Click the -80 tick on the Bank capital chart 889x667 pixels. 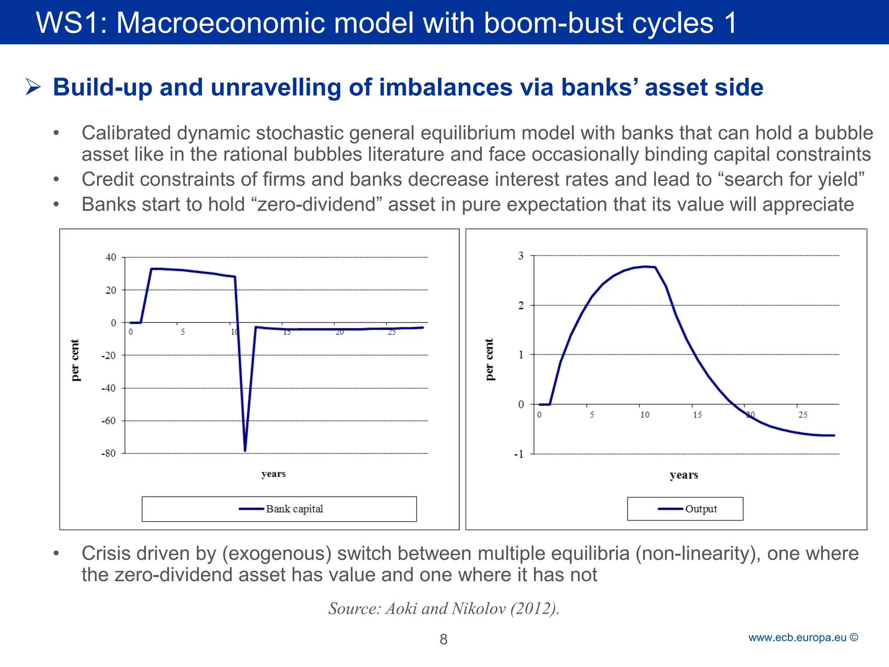(x=109, y=453)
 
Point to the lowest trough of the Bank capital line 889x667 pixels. (x=245, y=450)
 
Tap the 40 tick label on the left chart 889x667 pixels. (x=111, y=257)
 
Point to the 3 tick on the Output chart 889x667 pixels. (x=521, y=256)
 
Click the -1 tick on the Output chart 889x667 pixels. (x=519, y=454)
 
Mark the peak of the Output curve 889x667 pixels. (x=646, y=266)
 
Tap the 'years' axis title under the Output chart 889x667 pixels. (x=684, y=475)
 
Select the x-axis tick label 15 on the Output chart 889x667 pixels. (x=697, y=415)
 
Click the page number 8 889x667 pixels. (x=443, y=639)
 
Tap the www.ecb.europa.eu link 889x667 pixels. (x=797, y=637)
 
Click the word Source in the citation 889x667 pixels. (x=354, y=608)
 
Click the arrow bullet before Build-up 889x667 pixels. (x=33, y=87)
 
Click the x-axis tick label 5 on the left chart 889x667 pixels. (x=183, y=332)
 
